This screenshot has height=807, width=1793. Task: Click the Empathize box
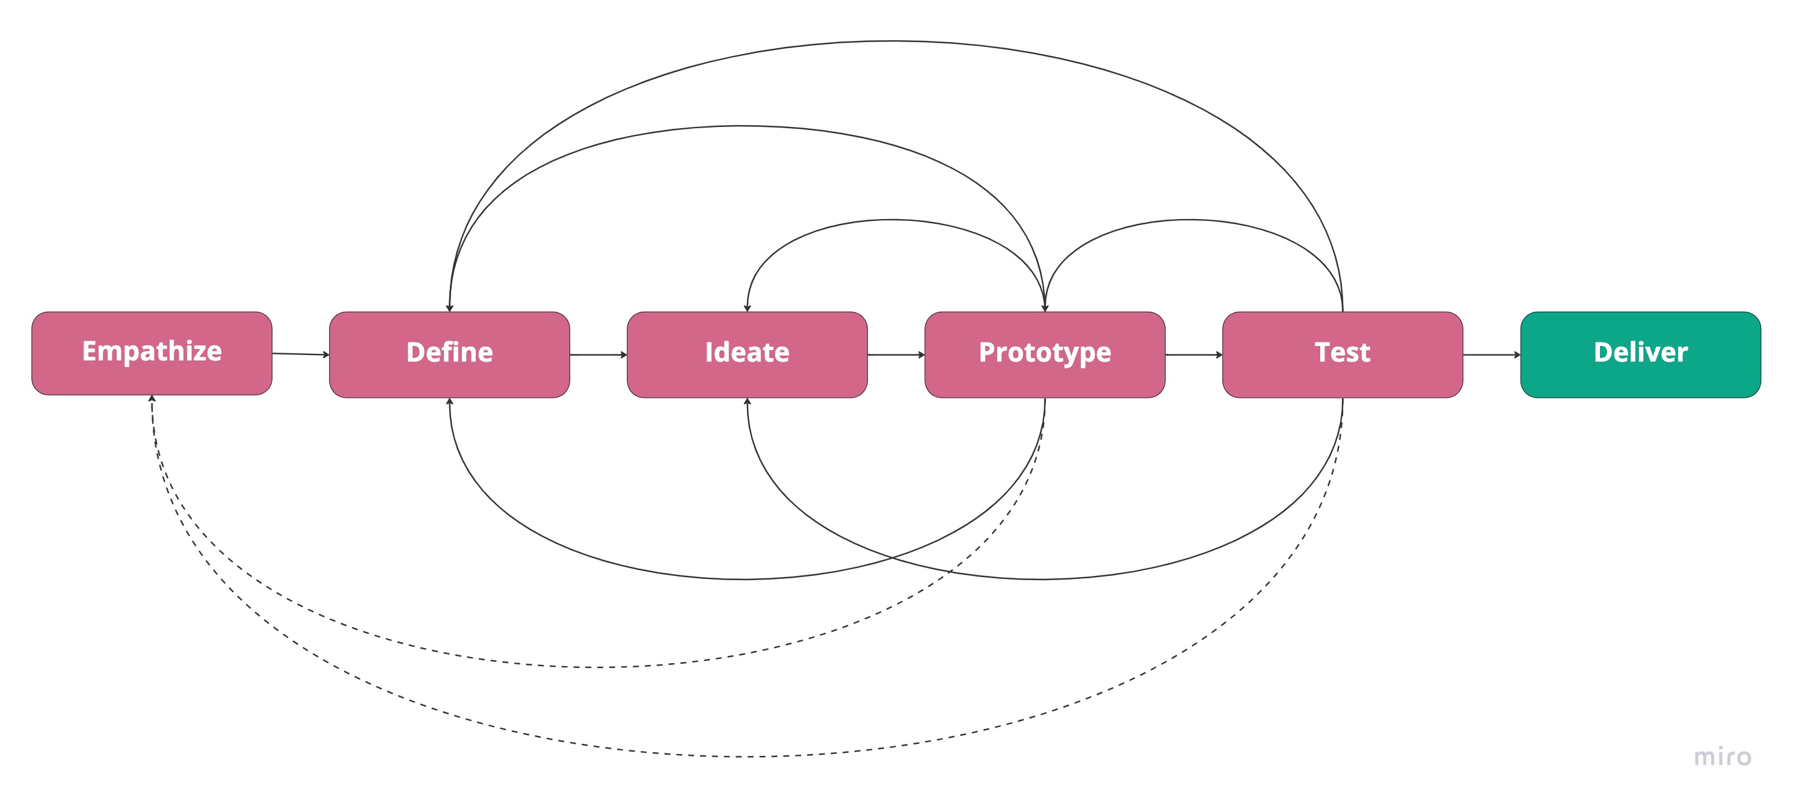click(x=152, y=353)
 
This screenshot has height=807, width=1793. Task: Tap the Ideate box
click(x=747, y=354)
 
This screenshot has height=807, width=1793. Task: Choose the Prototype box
click(x=1045, y=354)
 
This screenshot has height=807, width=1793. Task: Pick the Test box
click(x=1342, y=354)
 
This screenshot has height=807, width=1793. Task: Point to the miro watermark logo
click(x=1722, y=756)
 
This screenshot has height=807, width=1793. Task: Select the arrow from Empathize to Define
click(x=300, y=354)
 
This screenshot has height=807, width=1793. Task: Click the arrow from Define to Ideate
click(x=598, y=354)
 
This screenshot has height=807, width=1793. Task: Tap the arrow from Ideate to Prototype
click(x=896, y=354)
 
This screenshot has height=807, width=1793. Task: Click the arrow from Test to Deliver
click(x=1491, y=354)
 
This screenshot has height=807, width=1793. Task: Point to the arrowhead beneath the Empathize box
click(x=152, y=399)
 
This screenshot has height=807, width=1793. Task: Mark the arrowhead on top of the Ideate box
click(x=747, y=308)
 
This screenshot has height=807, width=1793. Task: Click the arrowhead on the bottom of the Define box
click(x=450, y=402)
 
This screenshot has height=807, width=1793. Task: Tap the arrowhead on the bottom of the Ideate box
click(x=747, y=402)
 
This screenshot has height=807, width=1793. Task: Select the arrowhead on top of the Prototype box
click(x=1045, y=308)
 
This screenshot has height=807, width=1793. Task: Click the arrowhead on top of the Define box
click(x=450, y=308)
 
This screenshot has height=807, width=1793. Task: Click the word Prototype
click(x=1045, y=352)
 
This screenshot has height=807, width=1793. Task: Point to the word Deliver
click(x=1641, y=352)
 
